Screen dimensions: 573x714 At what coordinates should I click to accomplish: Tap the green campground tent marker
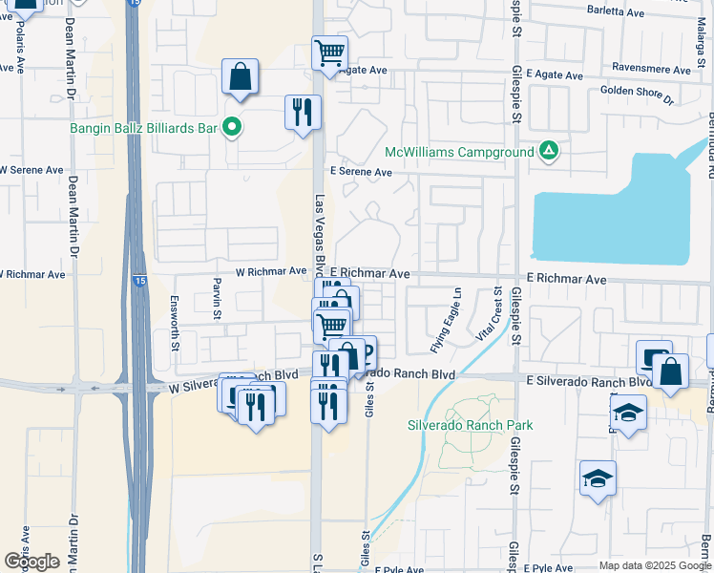point(548,151)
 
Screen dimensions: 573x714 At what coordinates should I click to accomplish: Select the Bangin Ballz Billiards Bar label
point(145,126)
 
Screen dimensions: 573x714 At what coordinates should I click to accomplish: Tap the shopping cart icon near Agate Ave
point(329,53)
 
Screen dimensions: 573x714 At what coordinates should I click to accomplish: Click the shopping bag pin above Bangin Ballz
point(241,76)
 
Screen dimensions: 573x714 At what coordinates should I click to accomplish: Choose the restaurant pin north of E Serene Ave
point(303,113)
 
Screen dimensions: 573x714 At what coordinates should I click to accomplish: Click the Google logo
point(31,562)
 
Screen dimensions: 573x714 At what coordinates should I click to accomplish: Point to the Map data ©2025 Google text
point(654,565)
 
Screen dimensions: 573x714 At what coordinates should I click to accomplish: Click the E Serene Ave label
point(361,172)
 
